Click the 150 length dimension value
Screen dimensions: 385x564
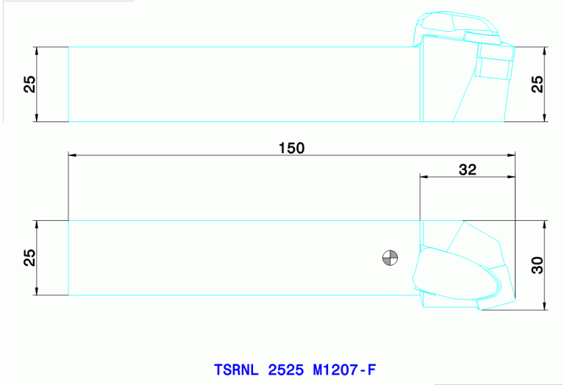point(291,147)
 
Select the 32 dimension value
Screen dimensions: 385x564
point(468,169)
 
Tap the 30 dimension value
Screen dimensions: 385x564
point(538,265)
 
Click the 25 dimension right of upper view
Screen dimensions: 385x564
point(538,84)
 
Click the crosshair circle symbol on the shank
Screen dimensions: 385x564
point(390,258)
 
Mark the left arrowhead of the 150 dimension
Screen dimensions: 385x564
point(72,155)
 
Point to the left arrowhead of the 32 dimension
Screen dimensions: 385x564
point(424,177)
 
